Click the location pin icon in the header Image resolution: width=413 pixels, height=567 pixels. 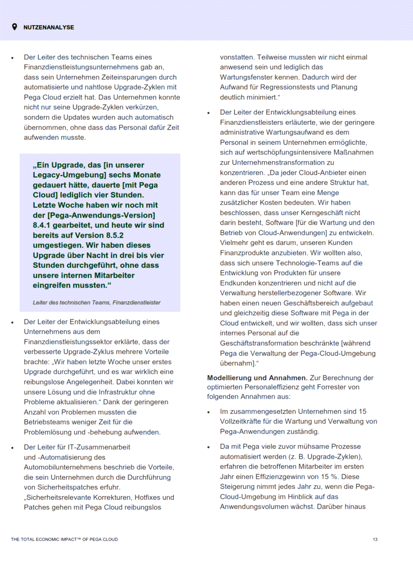tap(15, 27)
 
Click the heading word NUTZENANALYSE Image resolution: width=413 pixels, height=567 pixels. tap(48, 27)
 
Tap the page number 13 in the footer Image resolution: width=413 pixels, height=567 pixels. tap(375, 539)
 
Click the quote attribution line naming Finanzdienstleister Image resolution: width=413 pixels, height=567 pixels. tap(96, 302)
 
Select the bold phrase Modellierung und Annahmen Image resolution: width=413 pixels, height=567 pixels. tap(257, 378)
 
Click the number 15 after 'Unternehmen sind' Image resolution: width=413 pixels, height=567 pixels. tap(362, 411)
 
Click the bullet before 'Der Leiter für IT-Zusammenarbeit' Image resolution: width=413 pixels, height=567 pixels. tap(13, 448)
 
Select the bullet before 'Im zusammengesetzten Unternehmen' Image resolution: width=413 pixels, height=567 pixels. tap(209, 412)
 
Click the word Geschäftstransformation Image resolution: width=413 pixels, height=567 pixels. tap(279, 343)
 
